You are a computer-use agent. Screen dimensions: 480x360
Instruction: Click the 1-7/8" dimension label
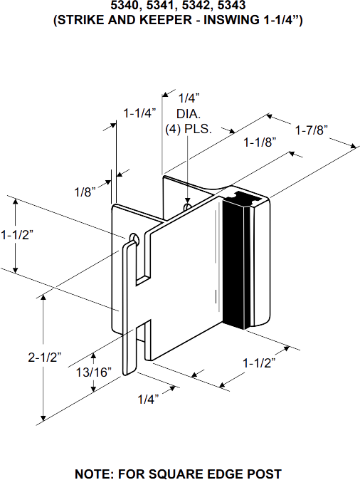click(311, 130)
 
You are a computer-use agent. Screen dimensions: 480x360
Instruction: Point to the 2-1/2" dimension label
click(45, 358)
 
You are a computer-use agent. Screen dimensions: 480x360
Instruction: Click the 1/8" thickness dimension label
click(85, 192)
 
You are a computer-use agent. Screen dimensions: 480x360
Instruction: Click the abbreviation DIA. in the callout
click(189, 113)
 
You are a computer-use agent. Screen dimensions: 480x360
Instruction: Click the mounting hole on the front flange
click(134, 237)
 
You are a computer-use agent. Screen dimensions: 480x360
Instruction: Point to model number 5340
click(125, 6)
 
